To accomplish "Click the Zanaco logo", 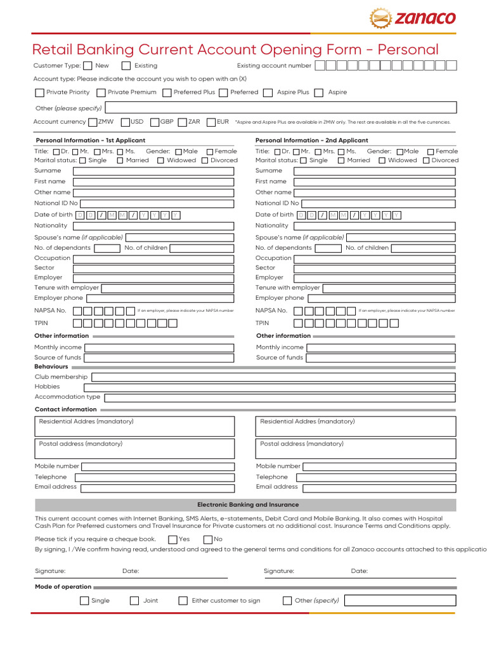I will (413, 18).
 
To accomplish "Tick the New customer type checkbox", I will (88, 65).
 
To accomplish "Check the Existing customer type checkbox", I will (126, 65).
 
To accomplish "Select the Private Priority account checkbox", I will (39, 93).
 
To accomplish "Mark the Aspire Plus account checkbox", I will (268, 93).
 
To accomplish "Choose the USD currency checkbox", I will (126, 122).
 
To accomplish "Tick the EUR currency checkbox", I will (211, 122).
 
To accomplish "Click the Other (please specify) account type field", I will (280, 108).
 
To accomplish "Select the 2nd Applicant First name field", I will (375, 182).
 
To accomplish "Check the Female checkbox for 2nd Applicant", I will (431, 151).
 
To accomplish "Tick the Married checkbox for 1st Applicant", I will (121, 161).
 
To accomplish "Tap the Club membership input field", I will (273, 377).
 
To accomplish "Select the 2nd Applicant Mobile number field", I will (379, 466).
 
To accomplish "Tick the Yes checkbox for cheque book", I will (173, 539).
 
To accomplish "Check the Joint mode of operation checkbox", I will (134, 601).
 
